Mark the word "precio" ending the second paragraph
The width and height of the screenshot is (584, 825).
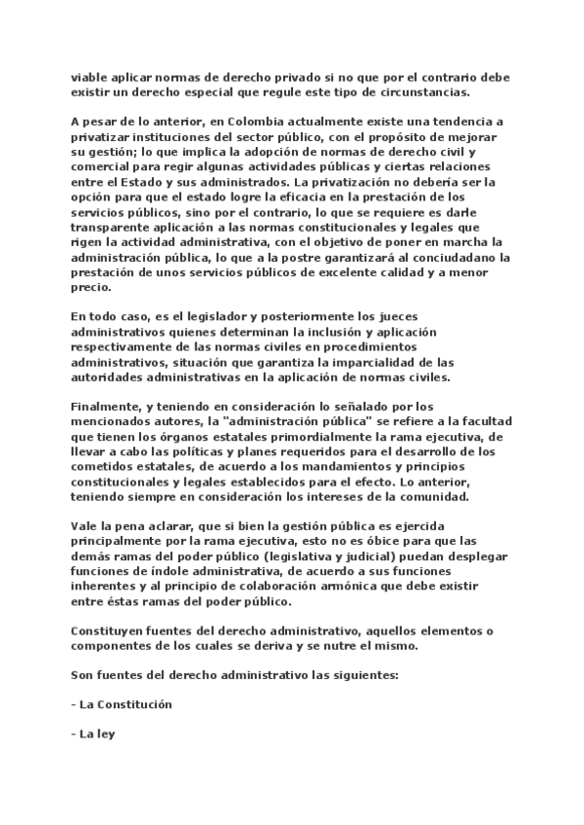click(91, 287)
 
